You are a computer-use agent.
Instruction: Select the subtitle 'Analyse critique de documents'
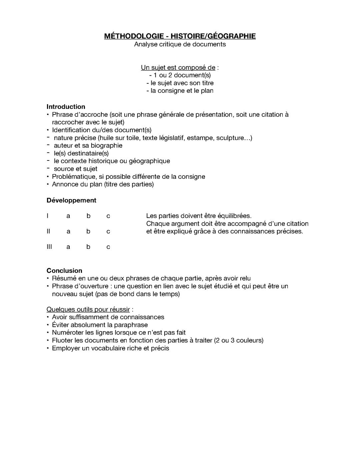point(180,44)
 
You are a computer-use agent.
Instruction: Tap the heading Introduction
point(66,107)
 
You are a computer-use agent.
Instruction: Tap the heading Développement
point(71,200)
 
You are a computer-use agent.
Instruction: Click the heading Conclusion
point(64,271)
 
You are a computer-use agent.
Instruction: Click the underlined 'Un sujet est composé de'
point(178,68)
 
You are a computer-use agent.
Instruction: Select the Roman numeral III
point(49,247)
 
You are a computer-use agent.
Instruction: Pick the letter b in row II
point(88,231)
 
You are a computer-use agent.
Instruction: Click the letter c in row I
point(108,216)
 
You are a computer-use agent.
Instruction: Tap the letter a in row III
point(68,247)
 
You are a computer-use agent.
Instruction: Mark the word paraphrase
point(131,325)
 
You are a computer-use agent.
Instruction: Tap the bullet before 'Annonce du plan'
point(48,184)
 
